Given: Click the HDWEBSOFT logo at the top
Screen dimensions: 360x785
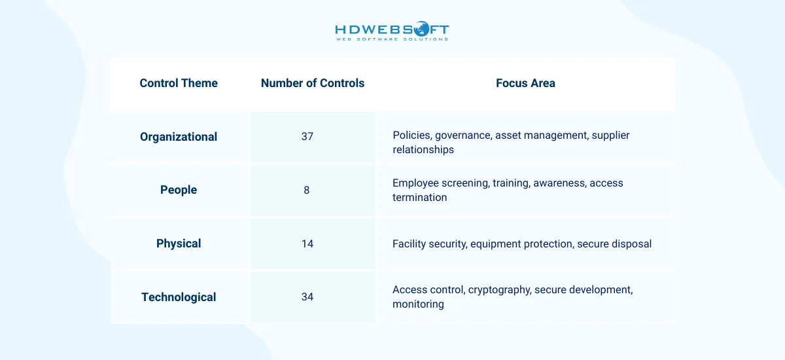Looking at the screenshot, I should point(392,31).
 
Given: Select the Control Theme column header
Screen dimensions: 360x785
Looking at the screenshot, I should point(179,83).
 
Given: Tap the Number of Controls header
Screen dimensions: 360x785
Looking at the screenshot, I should point(313,83).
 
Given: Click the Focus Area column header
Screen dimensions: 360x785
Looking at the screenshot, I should point(525,83).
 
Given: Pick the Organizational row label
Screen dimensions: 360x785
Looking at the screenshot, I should point(179,137).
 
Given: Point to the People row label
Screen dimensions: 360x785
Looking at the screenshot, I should point(179,190).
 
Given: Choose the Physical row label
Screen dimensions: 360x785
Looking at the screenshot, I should point(179,243).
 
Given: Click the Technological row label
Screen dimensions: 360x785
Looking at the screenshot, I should point(179,297).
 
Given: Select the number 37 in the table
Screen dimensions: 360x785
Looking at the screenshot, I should point(307,137).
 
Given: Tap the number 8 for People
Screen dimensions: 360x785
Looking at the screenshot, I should point(307,190).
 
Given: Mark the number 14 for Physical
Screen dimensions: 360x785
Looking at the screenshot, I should point(307,243).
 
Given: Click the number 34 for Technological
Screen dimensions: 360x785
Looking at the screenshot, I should point(307,297).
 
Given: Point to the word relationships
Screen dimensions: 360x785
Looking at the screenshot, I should point(423,150).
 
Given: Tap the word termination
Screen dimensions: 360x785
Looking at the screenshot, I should point(420,198).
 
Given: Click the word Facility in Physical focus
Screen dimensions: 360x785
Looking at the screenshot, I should point(409,244).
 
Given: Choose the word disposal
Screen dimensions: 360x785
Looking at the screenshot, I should point(631,244).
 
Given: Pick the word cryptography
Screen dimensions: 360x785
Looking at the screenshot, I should point(499,290).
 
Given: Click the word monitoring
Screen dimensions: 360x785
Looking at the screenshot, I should point(418,304).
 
